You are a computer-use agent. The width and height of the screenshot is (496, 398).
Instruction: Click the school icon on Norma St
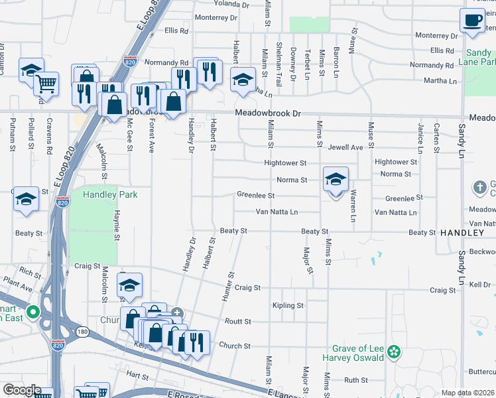click(336, 180)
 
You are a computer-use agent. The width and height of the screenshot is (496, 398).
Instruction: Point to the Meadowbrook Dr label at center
click(268, 114)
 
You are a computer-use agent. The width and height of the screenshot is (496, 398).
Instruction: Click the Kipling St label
click(288, 306)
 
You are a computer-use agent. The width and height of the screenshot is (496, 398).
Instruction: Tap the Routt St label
click(238, 321)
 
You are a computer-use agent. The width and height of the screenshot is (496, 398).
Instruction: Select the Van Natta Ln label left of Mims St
click(277, 212)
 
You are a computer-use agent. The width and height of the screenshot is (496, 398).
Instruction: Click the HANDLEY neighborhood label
click(462, 233)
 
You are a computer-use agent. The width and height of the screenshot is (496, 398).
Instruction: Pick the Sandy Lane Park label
click(479, 57)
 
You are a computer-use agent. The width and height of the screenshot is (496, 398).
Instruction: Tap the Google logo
click(22, 390)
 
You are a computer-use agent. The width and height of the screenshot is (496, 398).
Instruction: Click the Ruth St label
click(355, 380)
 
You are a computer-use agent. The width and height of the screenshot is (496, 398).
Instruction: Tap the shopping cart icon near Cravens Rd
click(46, 84)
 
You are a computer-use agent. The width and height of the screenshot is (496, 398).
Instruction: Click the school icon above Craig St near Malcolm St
click(130, 286)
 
